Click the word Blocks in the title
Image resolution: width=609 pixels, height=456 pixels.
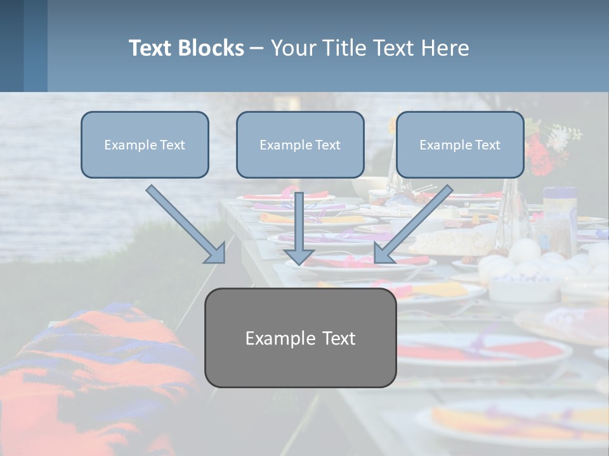click(212, 48)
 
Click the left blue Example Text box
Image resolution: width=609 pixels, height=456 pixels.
click(145, 144)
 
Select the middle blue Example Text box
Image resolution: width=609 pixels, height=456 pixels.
click(300, 144)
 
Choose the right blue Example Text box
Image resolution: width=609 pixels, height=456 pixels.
click(460, 144)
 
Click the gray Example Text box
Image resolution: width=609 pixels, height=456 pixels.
click(300, 338)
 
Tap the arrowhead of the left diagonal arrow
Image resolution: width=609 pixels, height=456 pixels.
click(216, 254)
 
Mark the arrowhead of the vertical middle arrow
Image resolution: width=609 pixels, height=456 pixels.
click(299, 256)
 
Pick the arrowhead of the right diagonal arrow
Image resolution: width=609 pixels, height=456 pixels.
click(383, 253)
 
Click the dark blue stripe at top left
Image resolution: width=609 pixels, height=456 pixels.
click(11, 46)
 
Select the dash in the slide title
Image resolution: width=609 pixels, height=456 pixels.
click(257, 48)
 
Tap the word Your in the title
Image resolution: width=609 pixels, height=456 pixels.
click(294, 48)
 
